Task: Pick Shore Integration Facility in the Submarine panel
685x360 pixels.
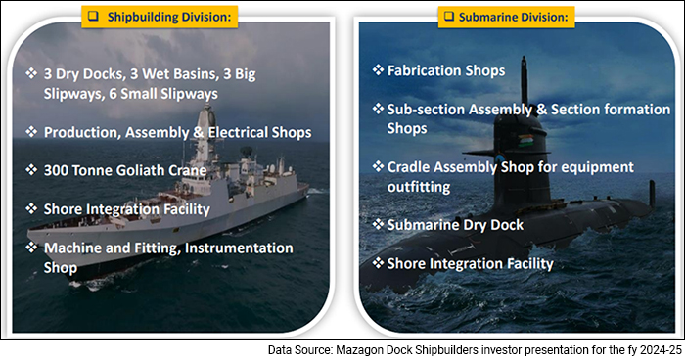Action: click(470, 263)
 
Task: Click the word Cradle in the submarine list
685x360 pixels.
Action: click(415, 167)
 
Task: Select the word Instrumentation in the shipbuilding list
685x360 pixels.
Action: click(236, 247)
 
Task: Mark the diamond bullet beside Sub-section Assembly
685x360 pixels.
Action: click(378, 110)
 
